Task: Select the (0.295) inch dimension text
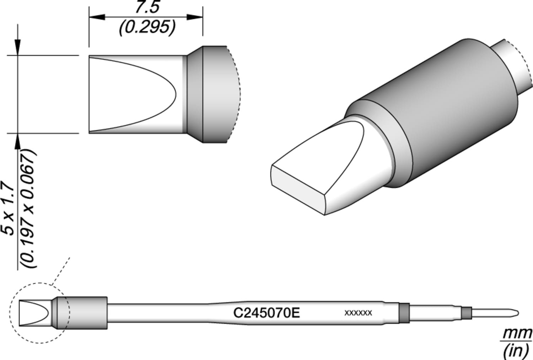pyautogui.click(x=147, y=27)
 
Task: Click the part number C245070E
pyautogui.click(x=266, y=313)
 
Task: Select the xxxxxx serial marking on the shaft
pyautogui.click(x=358, y=313)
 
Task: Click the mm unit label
pyautogui.click(x=517, y=334)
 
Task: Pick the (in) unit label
pyautogui.click(x=516, y=351)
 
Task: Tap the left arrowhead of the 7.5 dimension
pyautogui.click(x=96, y=17)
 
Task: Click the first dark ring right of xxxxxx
pyautogui.click(x=404, y=313)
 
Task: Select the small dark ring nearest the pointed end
pyautogui.click(x=466, y=313)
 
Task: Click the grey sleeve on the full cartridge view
pyautogui.click(x=85, y=313)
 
